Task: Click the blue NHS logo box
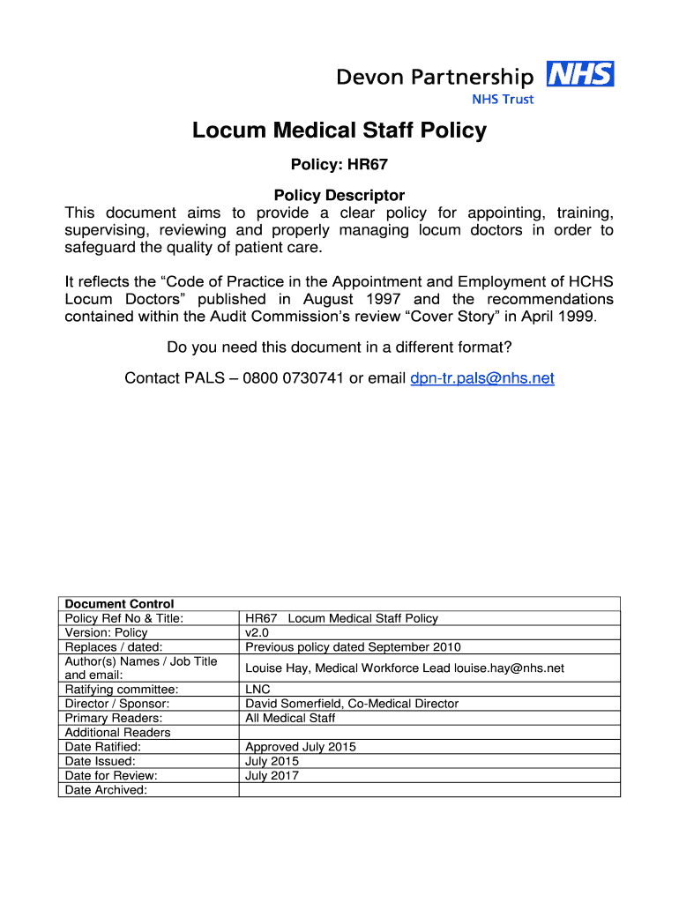580,74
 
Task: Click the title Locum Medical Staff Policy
339,131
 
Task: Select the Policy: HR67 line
339,164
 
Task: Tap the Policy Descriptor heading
339,195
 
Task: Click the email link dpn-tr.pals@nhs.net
482,378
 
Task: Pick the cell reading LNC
257,690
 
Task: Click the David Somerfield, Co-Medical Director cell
352,704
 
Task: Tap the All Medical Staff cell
290,718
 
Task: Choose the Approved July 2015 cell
301,747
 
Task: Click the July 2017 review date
272,776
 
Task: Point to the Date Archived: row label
106,790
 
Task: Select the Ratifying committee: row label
122,690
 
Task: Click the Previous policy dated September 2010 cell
353,646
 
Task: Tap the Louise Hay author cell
405,668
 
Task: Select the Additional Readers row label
118,733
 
